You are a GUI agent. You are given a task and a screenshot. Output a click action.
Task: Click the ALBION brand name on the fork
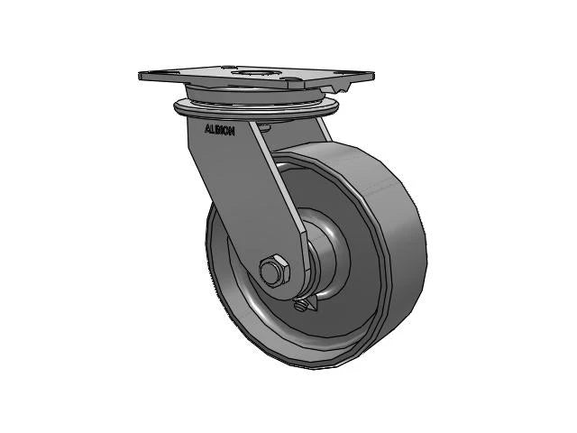pos(220,130)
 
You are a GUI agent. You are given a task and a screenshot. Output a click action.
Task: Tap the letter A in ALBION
pos(207,129)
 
